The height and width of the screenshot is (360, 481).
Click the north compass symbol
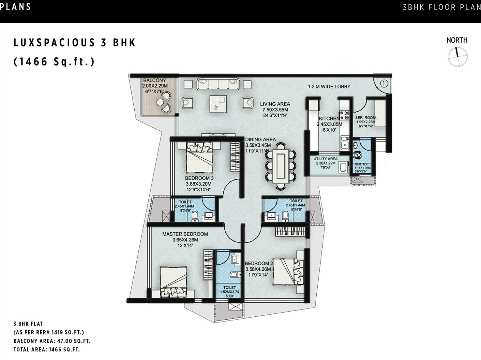pos(457,57)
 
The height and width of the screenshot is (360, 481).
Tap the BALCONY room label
pos(154,80)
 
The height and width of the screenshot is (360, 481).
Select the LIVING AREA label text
pos(275,104)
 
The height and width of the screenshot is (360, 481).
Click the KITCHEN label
pos(329,118)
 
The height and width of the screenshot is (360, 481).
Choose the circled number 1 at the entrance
pos(384,83)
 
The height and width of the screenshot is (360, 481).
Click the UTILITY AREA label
pos(326,159)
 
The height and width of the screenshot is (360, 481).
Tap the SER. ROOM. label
pos(366,117)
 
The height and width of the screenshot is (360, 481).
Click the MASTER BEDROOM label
pos(185,234)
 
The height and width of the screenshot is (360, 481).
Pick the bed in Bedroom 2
pos(288,272)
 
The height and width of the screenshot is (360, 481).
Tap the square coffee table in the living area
pos(218,104)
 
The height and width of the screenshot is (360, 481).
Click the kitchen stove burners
pos(345,115)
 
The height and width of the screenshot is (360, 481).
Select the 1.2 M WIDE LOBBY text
pos(329,87)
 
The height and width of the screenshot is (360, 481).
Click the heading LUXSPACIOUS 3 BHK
pos(75,43)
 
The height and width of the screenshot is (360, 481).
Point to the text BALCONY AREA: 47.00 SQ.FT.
pos(52,341)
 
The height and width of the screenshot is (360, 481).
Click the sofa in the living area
pos(218,84)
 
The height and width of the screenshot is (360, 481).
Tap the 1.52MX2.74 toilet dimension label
pos(229,292)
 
